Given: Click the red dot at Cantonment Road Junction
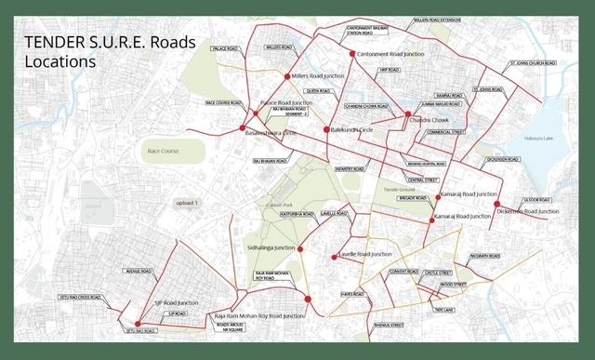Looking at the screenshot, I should (352, 54).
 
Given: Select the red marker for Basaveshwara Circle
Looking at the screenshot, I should (243, 127).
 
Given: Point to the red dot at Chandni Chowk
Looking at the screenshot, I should (407, 114).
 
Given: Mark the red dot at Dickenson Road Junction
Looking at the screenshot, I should (496, 204).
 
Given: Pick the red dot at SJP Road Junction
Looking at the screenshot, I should (137, 324).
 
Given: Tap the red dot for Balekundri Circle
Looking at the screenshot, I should (326, 129).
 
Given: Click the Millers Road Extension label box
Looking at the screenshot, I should (437, 19).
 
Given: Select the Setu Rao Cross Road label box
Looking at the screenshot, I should (78, 297).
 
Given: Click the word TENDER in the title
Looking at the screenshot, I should (50, 42).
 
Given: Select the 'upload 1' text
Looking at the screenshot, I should (188, 202).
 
